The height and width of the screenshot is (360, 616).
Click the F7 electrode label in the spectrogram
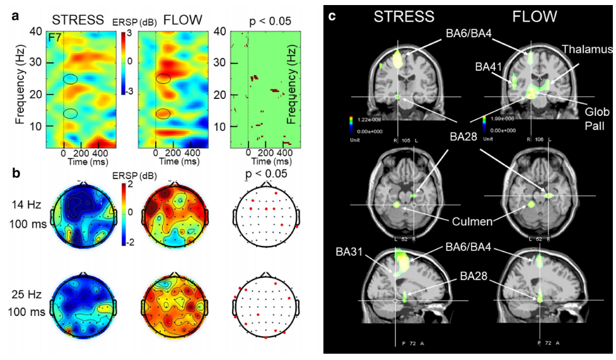click(56, 38)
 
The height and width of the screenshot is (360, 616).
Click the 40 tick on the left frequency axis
click(36, 32)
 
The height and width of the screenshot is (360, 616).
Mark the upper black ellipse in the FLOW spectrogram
click(163, 79)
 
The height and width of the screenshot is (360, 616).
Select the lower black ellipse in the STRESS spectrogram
click(71, 113)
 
